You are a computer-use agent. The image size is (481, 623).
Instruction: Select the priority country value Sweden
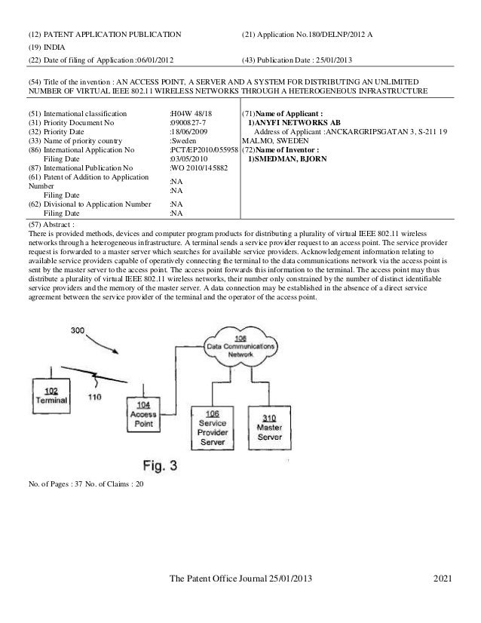click(x=185, y=140)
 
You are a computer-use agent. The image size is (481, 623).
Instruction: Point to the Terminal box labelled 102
click(x=52, y=396)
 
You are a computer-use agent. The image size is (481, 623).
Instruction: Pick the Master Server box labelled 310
click(x=270, y=427)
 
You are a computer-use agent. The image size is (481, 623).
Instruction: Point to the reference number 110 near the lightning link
click(x=93, y=397)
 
